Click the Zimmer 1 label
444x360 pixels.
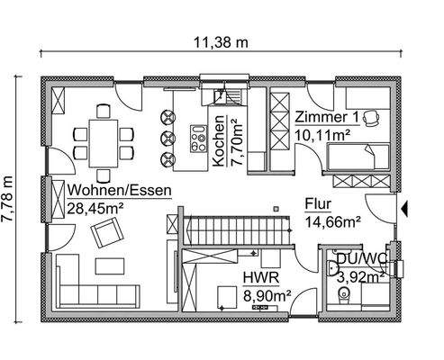[328, 116]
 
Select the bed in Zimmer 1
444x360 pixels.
[358, 161]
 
